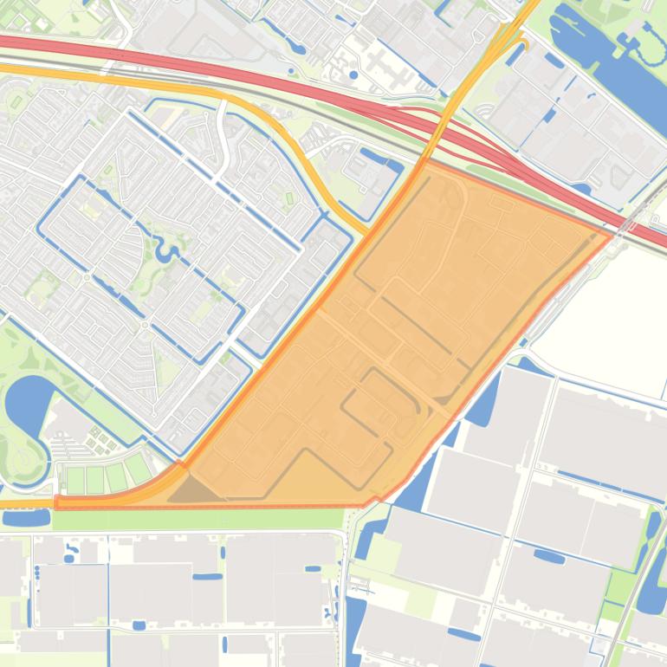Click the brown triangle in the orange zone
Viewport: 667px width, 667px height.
click(192, 492)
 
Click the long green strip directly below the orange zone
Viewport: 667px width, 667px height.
click(199, 519)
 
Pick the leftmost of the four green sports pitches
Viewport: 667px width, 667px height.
click(75, 479)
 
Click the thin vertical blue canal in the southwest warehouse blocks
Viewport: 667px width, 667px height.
click(108, 589)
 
